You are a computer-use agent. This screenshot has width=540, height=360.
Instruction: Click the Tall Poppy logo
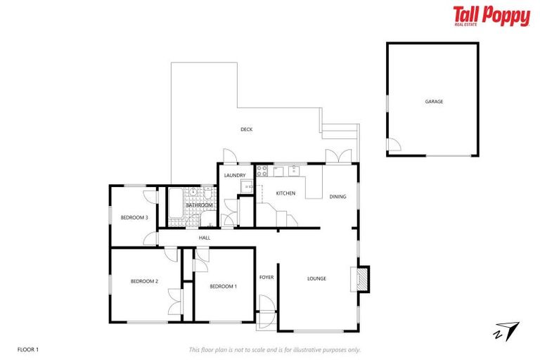coord(491,15)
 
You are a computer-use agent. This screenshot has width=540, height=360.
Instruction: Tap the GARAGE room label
coord(434,101)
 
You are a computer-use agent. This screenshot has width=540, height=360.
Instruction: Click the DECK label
coord(246,129)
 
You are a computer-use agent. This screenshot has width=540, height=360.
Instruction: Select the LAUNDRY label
coord(234,175)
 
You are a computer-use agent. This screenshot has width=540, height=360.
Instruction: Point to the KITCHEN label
coord(285,193)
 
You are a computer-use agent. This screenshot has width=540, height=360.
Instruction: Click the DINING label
coord(337,196)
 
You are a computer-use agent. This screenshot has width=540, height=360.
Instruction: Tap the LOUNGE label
coord(316,278)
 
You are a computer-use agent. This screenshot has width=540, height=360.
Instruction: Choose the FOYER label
coord(266,277)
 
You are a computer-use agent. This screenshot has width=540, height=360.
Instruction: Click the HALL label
coord(205,238)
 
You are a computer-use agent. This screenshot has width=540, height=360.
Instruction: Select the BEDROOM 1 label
coord(224,286)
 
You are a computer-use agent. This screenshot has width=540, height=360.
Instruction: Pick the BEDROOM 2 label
coord(144,281)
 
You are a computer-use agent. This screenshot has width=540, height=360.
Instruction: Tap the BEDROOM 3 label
coord(134,217)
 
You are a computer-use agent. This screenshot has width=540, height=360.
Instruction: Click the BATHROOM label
coord(199,205)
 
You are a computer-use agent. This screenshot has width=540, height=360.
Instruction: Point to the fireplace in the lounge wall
coord(362,278)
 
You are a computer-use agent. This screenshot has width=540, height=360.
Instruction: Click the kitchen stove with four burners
coord(262,170)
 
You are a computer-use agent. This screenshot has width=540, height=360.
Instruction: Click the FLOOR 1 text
coord(28,349)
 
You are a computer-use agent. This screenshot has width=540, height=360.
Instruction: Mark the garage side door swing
coord(393,146)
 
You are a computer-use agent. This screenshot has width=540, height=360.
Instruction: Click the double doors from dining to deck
coord(336,157)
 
